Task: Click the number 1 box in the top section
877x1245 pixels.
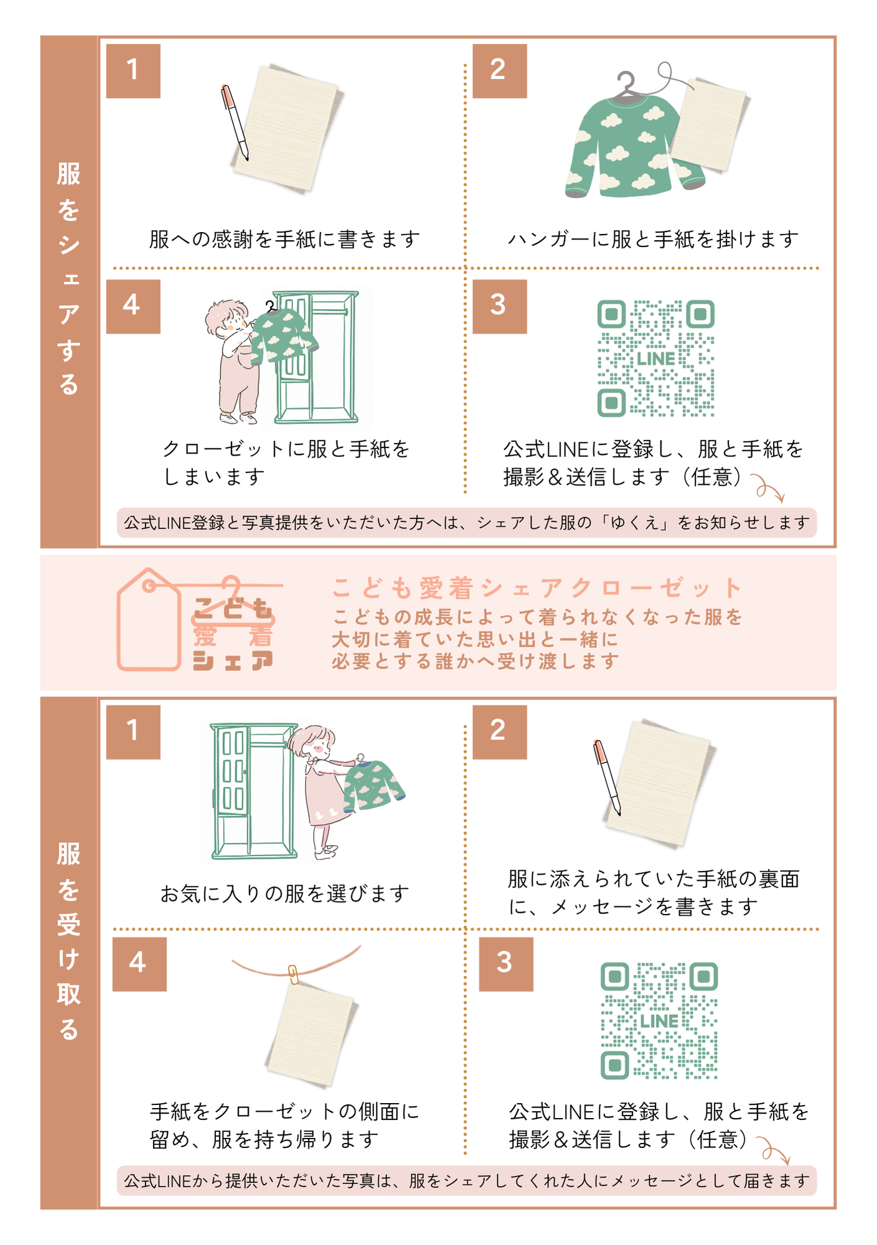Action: (x=133, y=71)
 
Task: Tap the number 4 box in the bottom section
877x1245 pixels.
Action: (x=139, y=964)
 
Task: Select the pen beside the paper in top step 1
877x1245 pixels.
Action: (x=235, y=123)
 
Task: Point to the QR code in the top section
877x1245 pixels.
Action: (x=656, y=359)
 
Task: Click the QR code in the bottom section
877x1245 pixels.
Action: (x=659, y=1021)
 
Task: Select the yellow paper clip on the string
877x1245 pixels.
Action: (x=293, y=974)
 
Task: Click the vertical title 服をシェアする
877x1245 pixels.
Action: (x=68, y=278)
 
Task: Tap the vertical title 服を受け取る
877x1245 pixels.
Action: (x=68, y=941)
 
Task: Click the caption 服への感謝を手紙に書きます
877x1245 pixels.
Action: (x=285, y=239)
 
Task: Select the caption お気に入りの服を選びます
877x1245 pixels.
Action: (x=285, y=894)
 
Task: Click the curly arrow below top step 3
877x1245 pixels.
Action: (x=768, y=487)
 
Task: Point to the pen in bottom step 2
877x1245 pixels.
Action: (x=607, y=777)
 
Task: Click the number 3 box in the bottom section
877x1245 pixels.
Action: (x=506, y=964)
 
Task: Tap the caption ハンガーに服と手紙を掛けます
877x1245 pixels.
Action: (x=654, y=239)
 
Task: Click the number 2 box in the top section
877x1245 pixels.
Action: (x=500, y=71)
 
